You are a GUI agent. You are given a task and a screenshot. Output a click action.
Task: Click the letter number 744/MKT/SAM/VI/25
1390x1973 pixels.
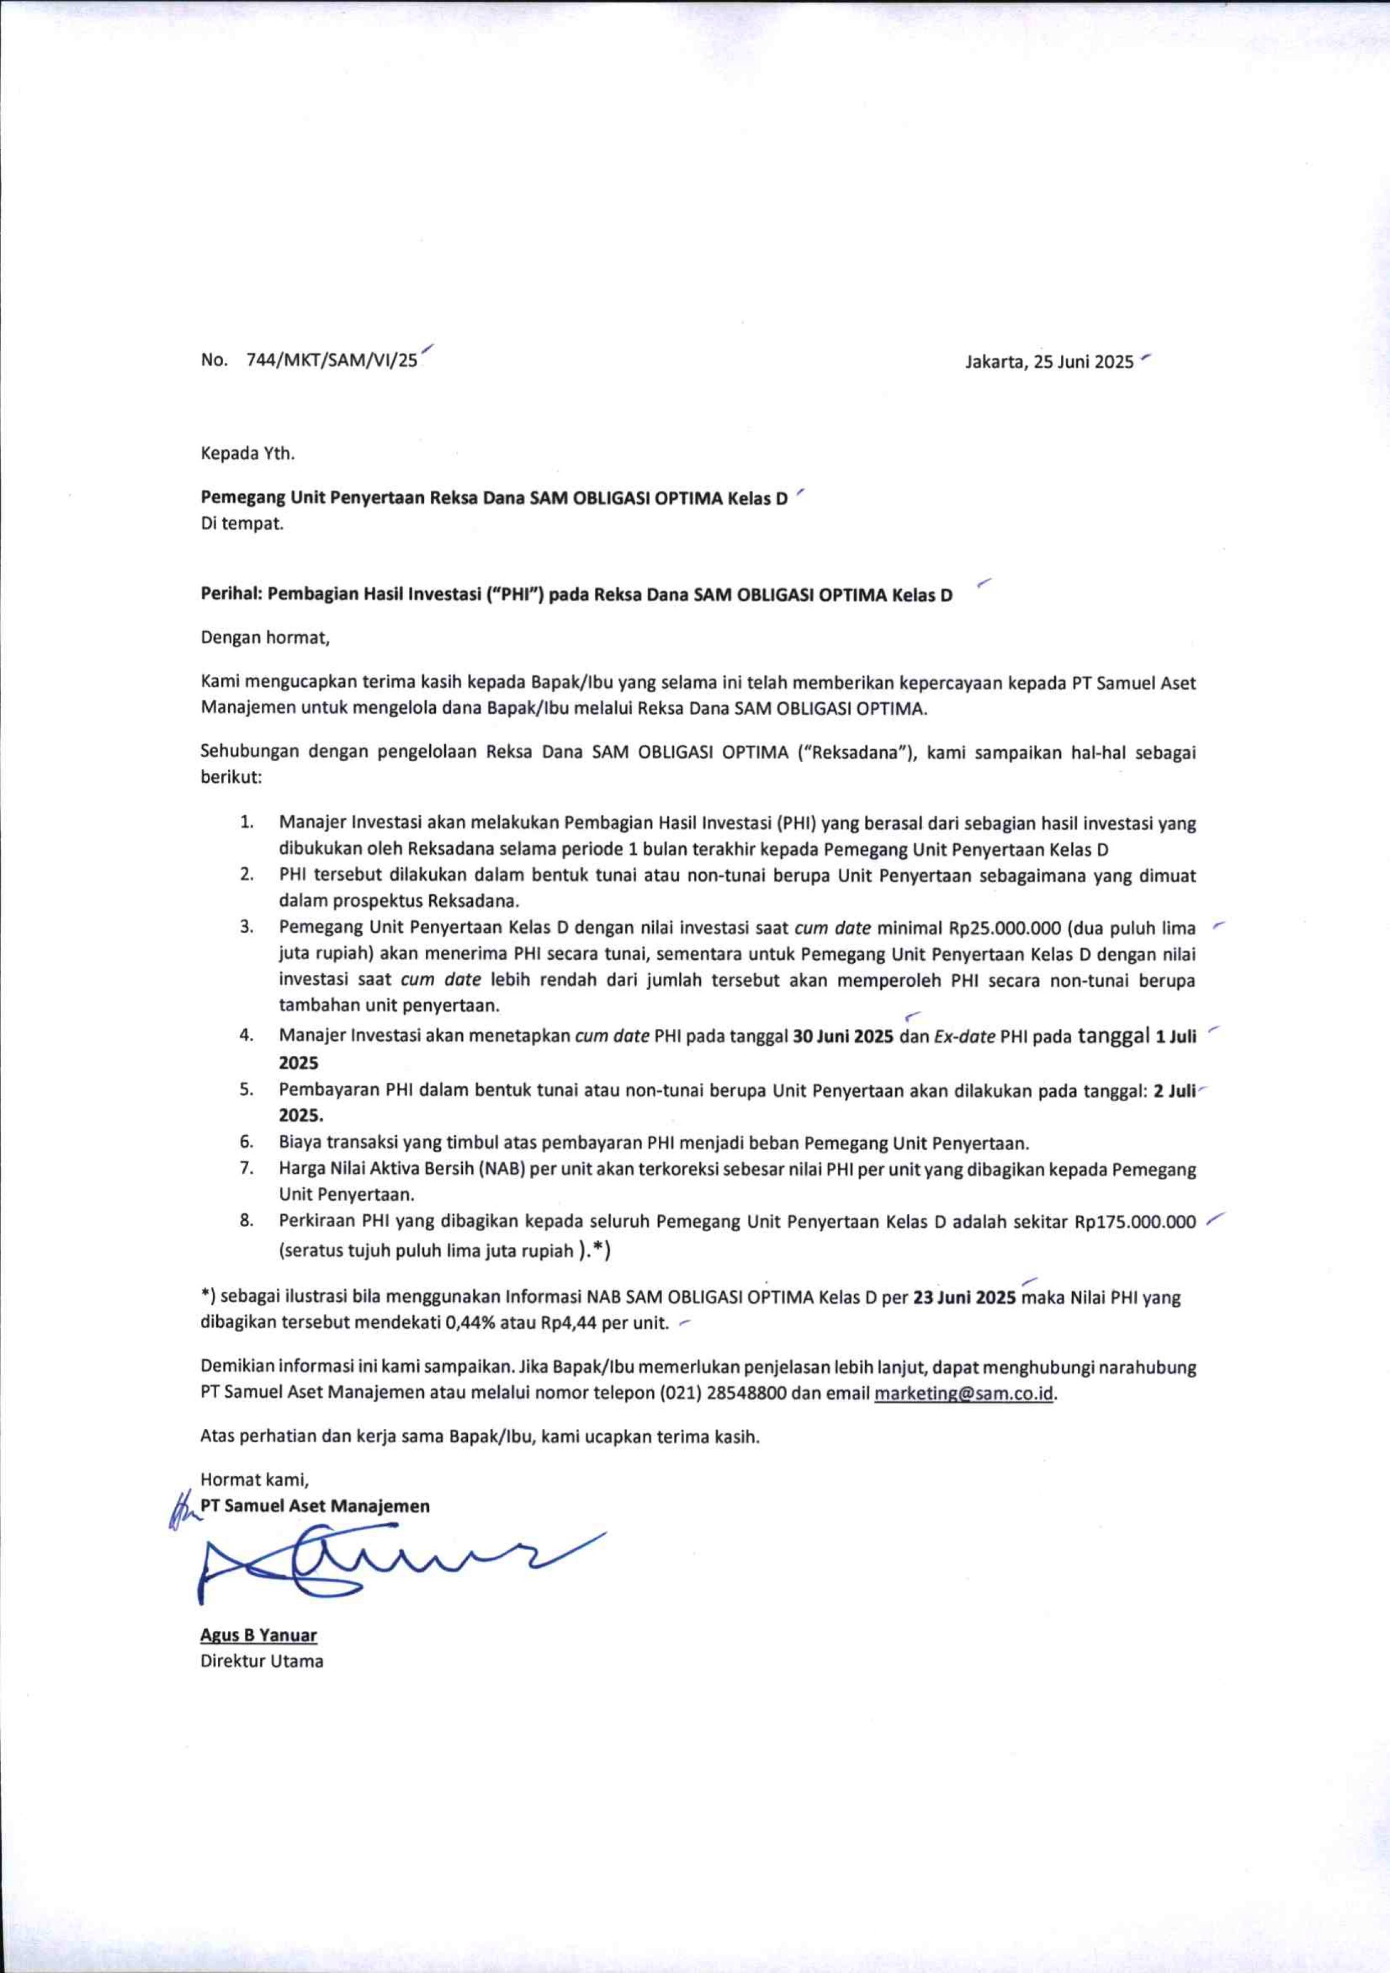click(x=331, y=361)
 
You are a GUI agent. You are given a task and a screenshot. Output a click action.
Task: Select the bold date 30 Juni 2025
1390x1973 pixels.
click(x=843, y=1036)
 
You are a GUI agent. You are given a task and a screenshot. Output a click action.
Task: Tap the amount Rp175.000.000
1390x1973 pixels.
click(x=1135, y=1222)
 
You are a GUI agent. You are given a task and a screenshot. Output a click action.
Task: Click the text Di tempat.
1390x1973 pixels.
click(x=241, y=523)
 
